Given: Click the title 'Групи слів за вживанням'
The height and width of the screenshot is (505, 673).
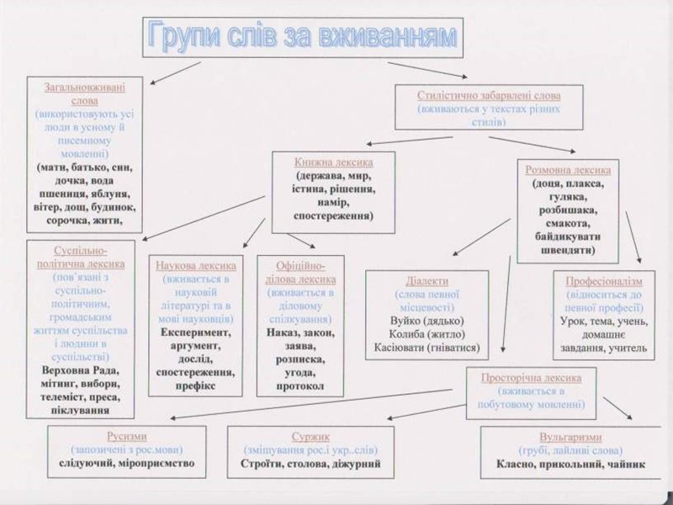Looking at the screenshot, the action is coord(302,36).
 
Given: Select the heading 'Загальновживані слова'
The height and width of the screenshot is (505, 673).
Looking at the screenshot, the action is coord(80,93).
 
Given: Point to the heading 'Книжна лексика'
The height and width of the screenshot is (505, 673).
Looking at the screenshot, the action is coord(334,162).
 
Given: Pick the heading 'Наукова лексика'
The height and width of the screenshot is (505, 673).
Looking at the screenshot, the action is coord(196,264).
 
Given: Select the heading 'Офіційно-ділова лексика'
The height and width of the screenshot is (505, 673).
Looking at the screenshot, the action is coord(300,271).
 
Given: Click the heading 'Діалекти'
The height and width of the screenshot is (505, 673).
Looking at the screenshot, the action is coord(427,280).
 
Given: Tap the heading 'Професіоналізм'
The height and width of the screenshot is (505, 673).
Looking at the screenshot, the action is coord(603,281).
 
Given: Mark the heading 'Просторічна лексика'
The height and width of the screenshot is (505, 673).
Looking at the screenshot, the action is coord(530,377).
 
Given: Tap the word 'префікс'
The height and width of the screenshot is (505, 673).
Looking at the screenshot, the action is coord(196,385).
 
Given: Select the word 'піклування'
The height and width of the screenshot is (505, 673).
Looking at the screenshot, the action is coord(79,410).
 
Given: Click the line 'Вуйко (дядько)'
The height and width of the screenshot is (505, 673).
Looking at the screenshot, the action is coord(427,321).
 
